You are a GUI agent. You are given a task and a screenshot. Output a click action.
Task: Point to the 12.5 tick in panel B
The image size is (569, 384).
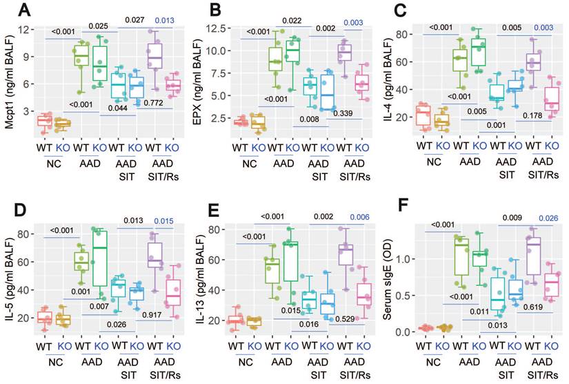coord(214,29)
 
